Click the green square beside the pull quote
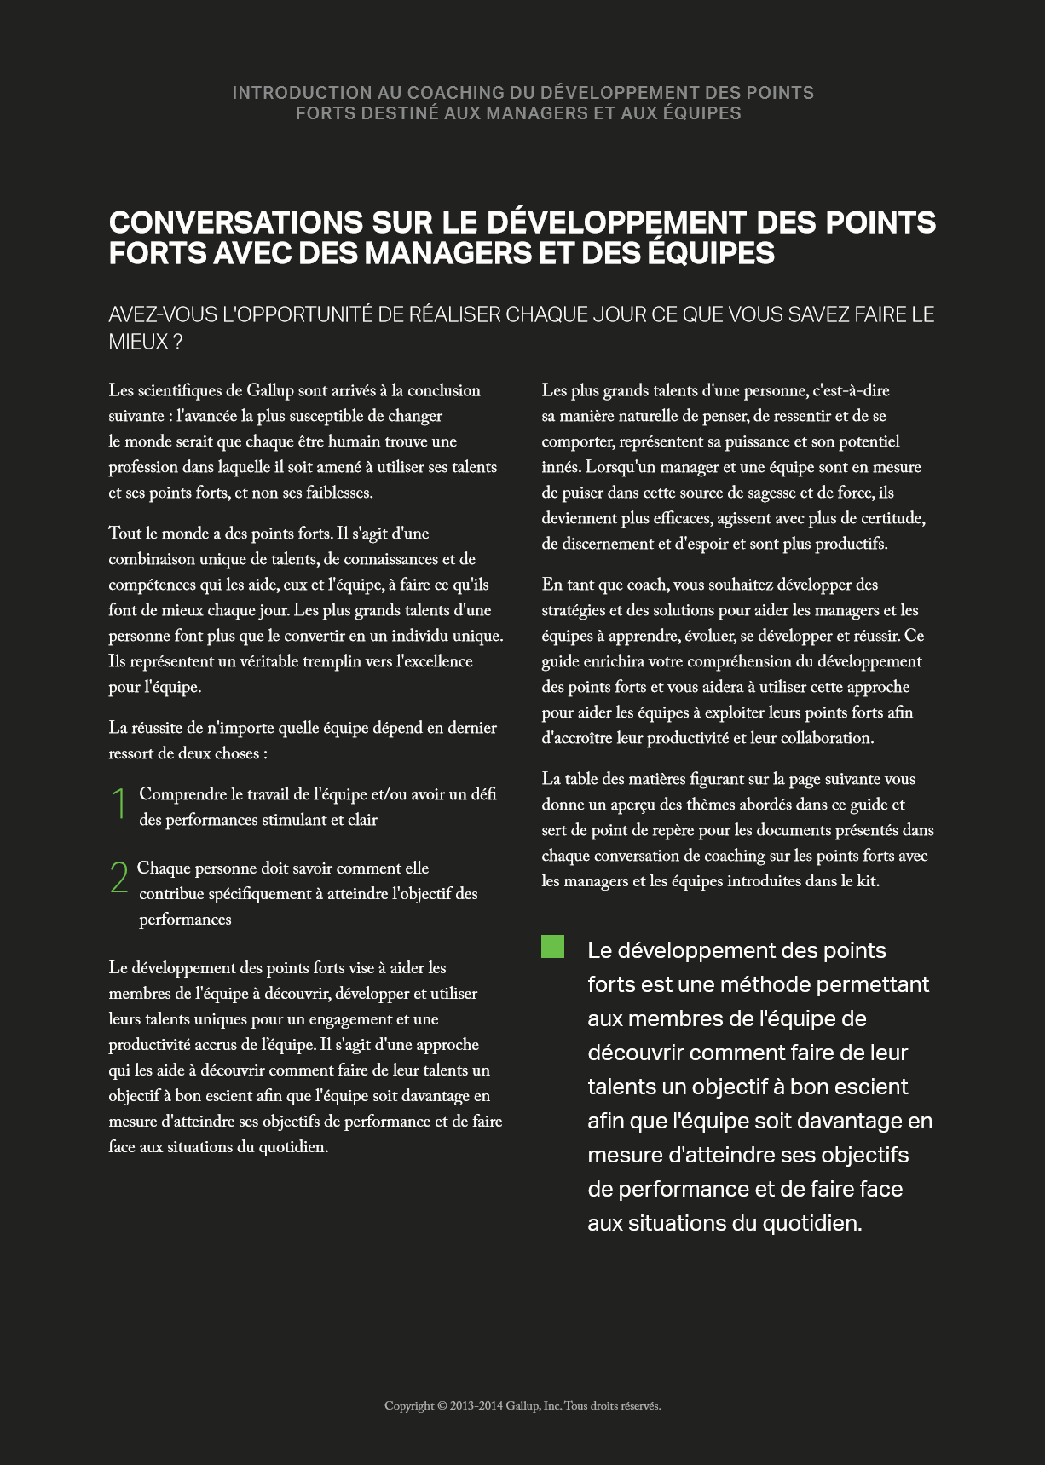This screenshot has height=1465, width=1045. [x=552, y=947]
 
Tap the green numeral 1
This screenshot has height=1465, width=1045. [x=118, y=804]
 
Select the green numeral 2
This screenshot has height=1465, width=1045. [x=118, y=878]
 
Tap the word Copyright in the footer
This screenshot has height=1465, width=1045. [x=409, y=1406]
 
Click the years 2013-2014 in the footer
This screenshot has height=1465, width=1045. [x=476, y=1406]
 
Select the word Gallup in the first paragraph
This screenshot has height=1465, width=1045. [x=270, y=391]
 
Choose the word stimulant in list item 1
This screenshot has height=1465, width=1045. [x=307, y=821]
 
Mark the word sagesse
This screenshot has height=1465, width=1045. [x=749, y=493]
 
